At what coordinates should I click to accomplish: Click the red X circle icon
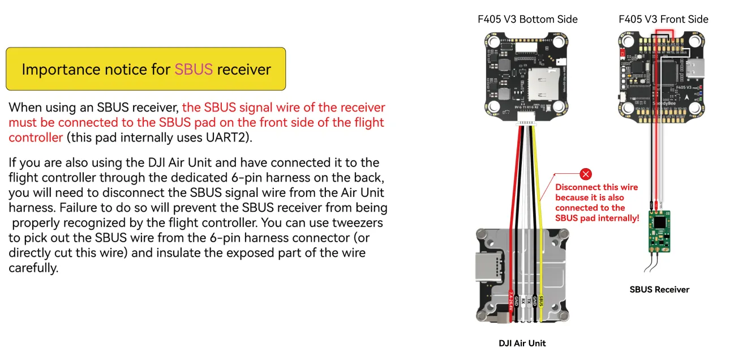586,174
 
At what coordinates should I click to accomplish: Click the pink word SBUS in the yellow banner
194,70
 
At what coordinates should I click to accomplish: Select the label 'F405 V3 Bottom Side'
527,19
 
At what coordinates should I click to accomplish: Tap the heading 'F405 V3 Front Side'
663,19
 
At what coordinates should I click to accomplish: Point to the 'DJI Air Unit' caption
522,343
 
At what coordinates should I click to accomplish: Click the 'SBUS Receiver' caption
659,289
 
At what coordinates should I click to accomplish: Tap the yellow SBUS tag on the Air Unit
542,301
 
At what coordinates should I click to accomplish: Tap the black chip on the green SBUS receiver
659,222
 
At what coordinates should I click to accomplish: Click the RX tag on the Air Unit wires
522,302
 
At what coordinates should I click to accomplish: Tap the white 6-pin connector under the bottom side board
527,115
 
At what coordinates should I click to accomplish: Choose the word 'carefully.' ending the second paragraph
33,268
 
